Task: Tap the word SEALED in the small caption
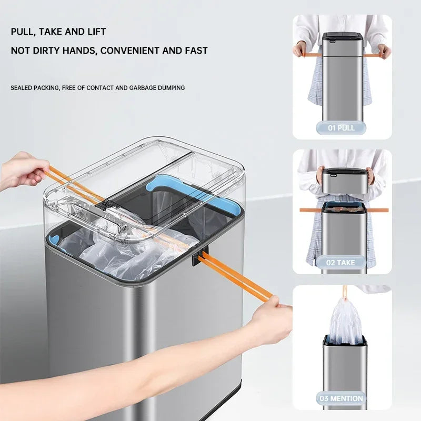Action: pyautogui.click(x=22, y=87)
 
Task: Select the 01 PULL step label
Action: pyautogui.click(x=342, y=128)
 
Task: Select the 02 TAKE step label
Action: pyautogui.click(x=342, y=262)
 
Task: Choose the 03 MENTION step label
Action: pyautogui.click(x=342, y=398)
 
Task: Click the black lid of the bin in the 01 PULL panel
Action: pyautogui.click(x=342, y=38)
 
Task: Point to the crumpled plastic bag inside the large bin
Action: pyautogui.click(x=132, y=258)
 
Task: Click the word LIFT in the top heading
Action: pyautogui.click(x=96, y=32)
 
